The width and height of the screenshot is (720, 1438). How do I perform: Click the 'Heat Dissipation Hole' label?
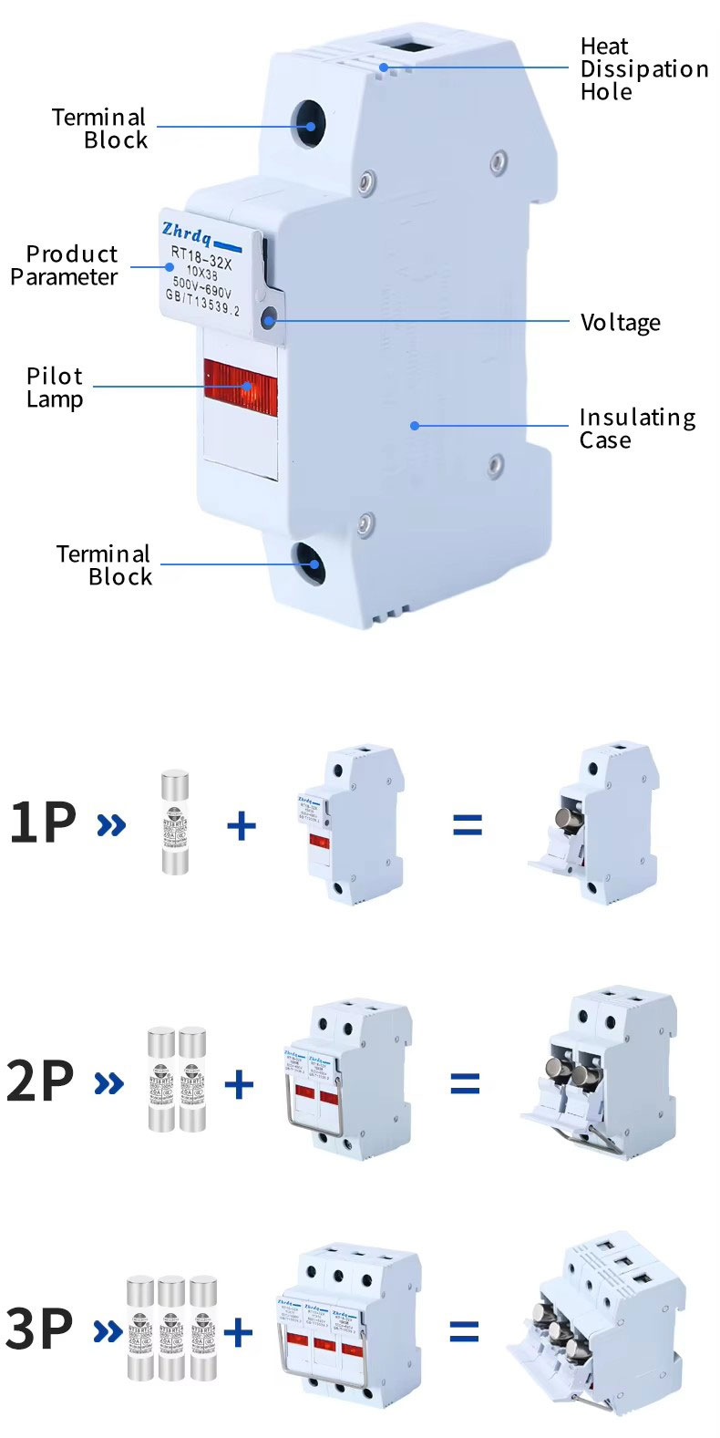643,69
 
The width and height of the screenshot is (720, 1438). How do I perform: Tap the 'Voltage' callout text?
620,323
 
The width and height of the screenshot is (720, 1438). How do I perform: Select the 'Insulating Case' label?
636,429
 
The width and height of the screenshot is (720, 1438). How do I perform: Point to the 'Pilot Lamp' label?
55,388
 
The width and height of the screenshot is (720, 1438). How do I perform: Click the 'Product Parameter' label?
65,265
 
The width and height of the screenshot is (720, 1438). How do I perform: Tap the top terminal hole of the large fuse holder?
308,125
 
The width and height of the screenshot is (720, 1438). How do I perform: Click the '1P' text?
42,822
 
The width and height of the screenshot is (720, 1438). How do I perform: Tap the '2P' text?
40,1081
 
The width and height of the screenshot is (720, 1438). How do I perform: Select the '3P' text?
38,1329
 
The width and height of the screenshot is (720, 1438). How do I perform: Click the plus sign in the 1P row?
241,825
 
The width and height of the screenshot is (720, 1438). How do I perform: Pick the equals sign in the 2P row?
465,1083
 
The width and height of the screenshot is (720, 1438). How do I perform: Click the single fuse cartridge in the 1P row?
175,822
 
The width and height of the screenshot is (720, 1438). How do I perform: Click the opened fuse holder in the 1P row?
597,825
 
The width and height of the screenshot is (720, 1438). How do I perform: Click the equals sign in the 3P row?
464,1332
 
